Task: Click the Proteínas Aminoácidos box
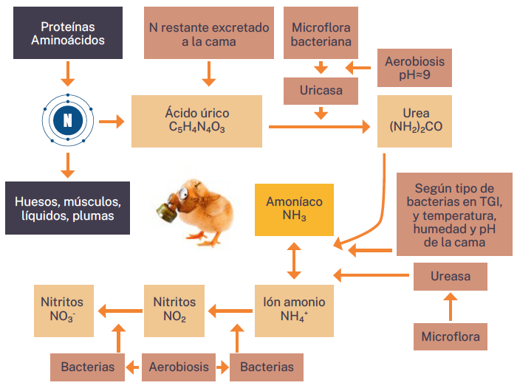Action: click(x=68, y=33)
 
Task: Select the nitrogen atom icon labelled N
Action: click(x=68, y=120)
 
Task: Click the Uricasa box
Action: click(x=321, y=91)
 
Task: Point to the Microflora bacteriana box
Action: click(x=321, y=33)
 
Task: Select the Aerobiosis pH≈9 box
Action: click(x=415, y=68)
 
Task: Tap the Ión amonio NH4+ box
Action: click(x=294, y=309)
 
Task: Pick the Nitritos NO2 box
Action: click(x=174, y=309)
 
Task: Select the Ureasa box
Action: click(x=451, y=276)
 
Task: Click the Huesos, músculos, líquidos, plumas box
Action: click(x=68, y=208)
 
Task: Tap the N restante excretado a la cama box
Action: click(x=209, y=33)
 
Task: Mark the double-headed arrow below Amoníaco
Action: click(x=294, y=260)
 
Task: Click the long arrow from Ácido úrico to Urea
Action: click(x=319, y=128)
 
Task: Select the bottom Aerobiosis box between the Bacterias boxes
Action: click(x=178, y=367)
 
